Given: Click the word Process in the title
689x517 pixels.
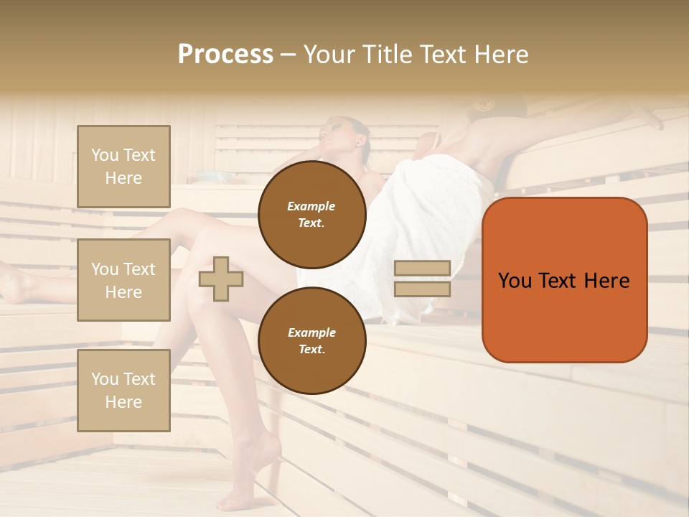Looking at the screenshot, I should point(225,55).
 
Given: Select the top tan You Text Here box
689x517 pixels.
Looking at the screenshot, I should point(123,167).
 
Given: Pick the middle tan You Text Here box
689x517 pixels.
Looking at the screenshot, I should point(123,280).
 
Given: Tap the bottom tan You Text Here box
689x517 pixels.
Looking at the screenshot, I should point(123,391).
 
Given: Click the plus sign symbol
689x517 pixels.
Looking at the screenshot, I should point(220,279).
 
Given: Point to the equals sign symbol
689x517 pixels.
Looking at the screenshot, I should point(422,279).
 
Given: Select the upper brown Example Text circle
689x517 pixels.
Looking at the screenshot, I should point(311,214).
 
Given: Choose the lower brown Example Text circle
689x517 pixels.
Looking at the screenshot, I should point(311,340).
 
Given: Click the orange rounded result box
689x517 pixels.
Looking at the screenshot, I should point(564,279).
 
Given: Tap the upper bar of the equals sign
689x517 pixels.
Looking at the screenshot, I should point(422,268).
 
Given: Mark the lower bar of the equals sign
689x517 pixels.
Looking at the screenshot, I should point(422,289).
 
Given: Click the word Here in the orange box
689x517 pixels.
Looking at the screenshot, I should point(606,281).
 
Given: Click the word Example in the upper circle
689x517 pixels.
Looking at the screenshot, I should point(311,206).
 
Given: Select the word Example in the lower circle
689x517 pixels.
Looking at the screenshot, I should point(311,332).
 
